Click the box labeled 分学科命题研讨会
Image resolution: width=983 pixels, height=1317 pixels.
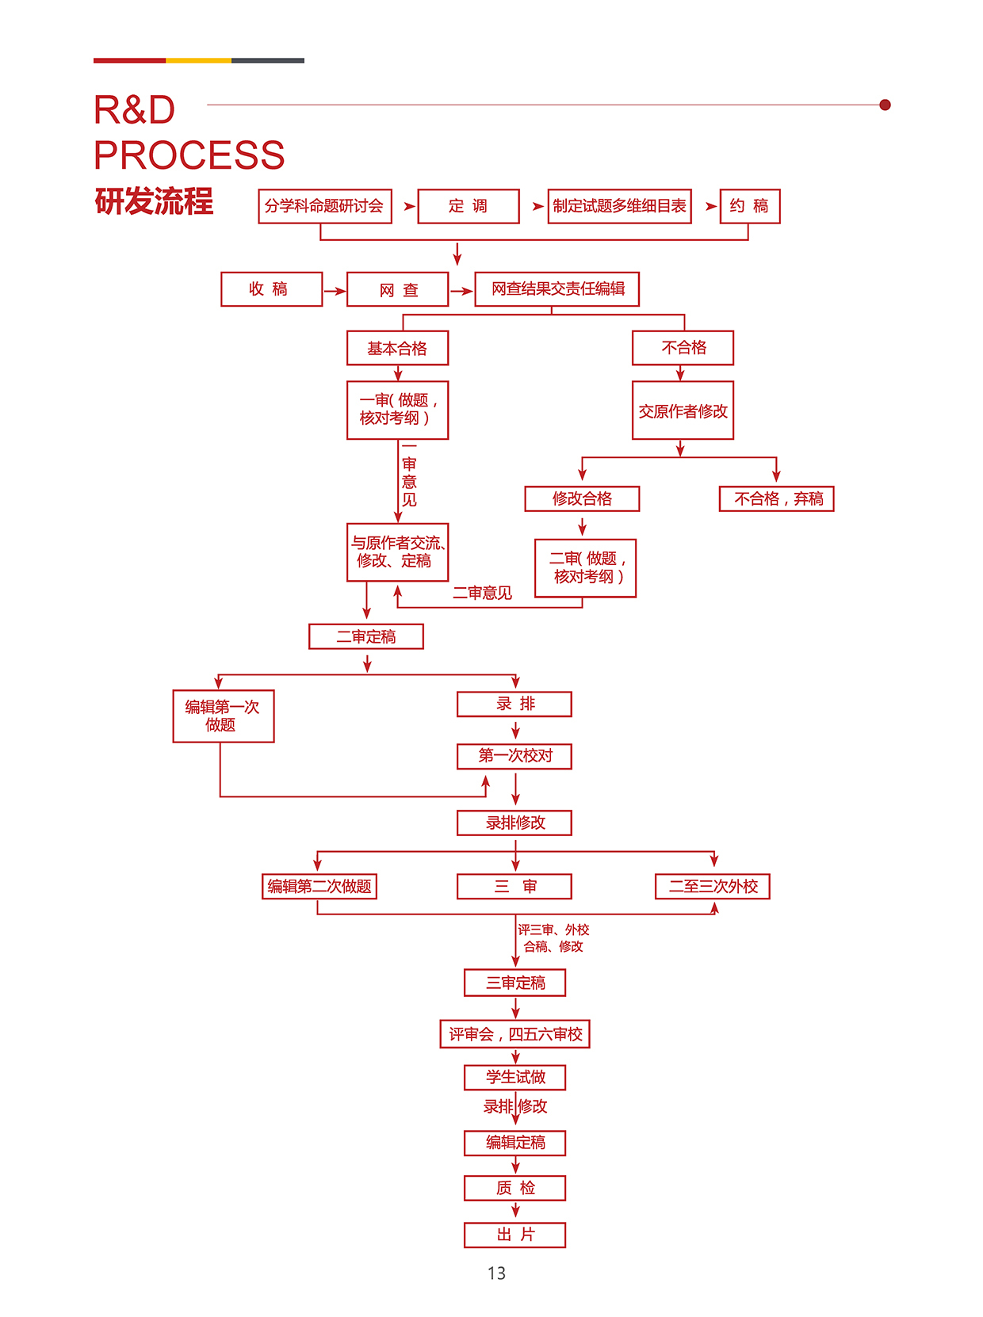(325, 206)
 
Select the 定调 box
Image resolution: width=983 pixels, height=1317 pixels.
(468, 206)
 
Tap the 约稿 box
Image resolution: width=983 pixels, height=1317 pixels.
(749, 206)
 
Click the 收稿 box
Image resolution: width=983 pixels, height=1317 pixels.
(271, 289)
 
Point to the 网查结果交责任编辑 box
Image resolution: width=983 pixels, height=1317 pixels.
(557, 289)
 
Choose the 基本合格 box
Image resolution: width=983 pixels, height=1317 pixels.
(397, 348)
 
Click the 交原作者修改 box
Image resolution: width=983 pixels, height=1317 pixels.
(683, 410)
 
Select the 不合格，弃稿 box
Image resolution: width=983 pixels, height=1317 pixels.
(776, 498)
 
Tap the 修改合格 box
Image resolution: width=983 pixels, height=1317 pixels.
(582, 498)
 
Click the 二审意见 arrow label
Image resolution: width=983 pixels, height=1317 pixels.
(482, 593)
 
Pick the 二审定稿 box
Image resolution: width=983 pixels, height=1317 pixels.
(365, 636)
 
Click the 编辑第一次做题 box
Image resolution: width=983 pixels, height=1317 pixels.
(223, 716)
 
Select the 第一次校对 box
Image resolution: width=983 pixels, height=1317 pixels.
(514, 756)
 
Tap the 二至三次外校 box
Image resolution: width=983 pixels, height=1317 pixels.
(712, 886)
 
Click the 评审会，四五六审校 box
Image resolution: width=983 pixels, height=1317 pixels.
(514, 1034)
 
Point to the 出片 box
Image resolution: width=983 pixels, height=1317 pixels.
(514, 1235)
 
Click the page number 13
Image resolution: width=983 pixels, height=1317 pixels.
(496, 1273)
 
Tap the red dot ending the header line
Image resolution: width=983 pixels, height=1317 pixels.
(885, 105)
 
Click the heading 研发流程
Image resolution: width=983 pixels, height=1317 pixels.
(154, 201)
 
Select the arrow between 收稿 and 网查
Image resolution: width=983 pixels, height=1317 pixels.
(335, 291)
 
